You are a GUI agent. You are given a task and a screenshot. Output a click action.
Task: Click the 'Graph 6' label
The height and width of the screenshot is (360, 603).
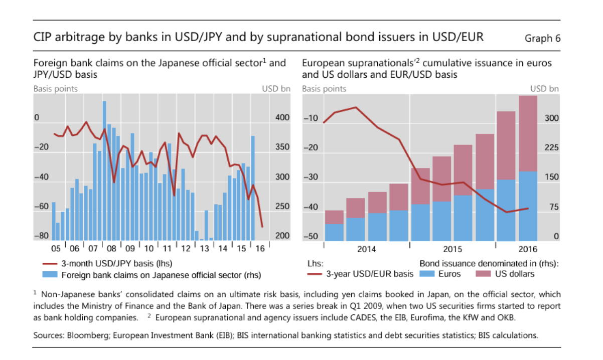[x=542, y=38]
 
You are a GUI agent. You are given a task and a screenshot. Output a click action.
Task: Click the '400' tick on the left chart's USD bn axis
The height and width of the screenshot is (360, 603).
[x=282, y=118]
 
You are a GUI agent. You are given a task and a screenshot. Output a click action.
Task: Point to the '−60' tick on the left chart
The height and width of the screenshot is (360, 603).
[x=41, y=207]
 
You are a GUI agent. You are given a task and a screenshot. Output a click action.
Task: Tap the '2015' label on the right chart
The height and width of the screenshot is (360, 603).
[x=453, y=249]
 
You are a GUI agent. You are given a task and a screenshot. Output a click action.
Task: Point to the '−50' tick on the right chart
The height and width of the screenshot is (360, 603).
[x=311, y=237]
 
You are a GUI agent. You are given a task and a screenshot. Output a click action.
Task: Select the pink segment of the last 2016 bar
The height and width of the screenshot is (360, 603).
[x=528, y=133]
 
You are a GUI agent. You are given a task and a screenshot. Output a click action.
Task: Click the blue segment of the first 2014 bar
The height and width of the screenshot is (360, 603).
[x=334, y=232]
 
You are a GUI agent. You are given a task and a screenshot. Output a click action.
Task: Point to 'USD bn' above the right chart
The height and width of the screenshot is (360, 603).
[x=545, y=89]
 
